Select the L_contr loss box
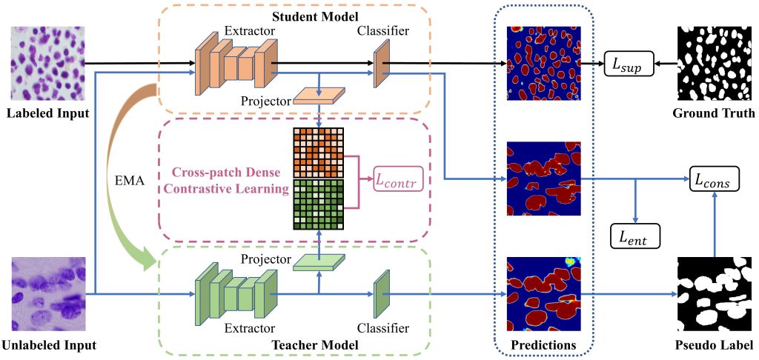click(x=398, y=179)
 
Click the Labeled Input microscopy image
click(x=47, y=64)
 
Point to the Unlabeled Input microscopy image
click(x=47, y=294)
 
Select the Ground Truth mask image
click(x=713, y=64)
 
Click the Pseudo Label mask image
click(x=713, y=294)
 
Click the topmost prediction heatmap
click(x=544, y=64)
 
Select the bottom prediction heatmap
click(x=544, y=294)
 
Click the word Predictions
click(x=544, y=345)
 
